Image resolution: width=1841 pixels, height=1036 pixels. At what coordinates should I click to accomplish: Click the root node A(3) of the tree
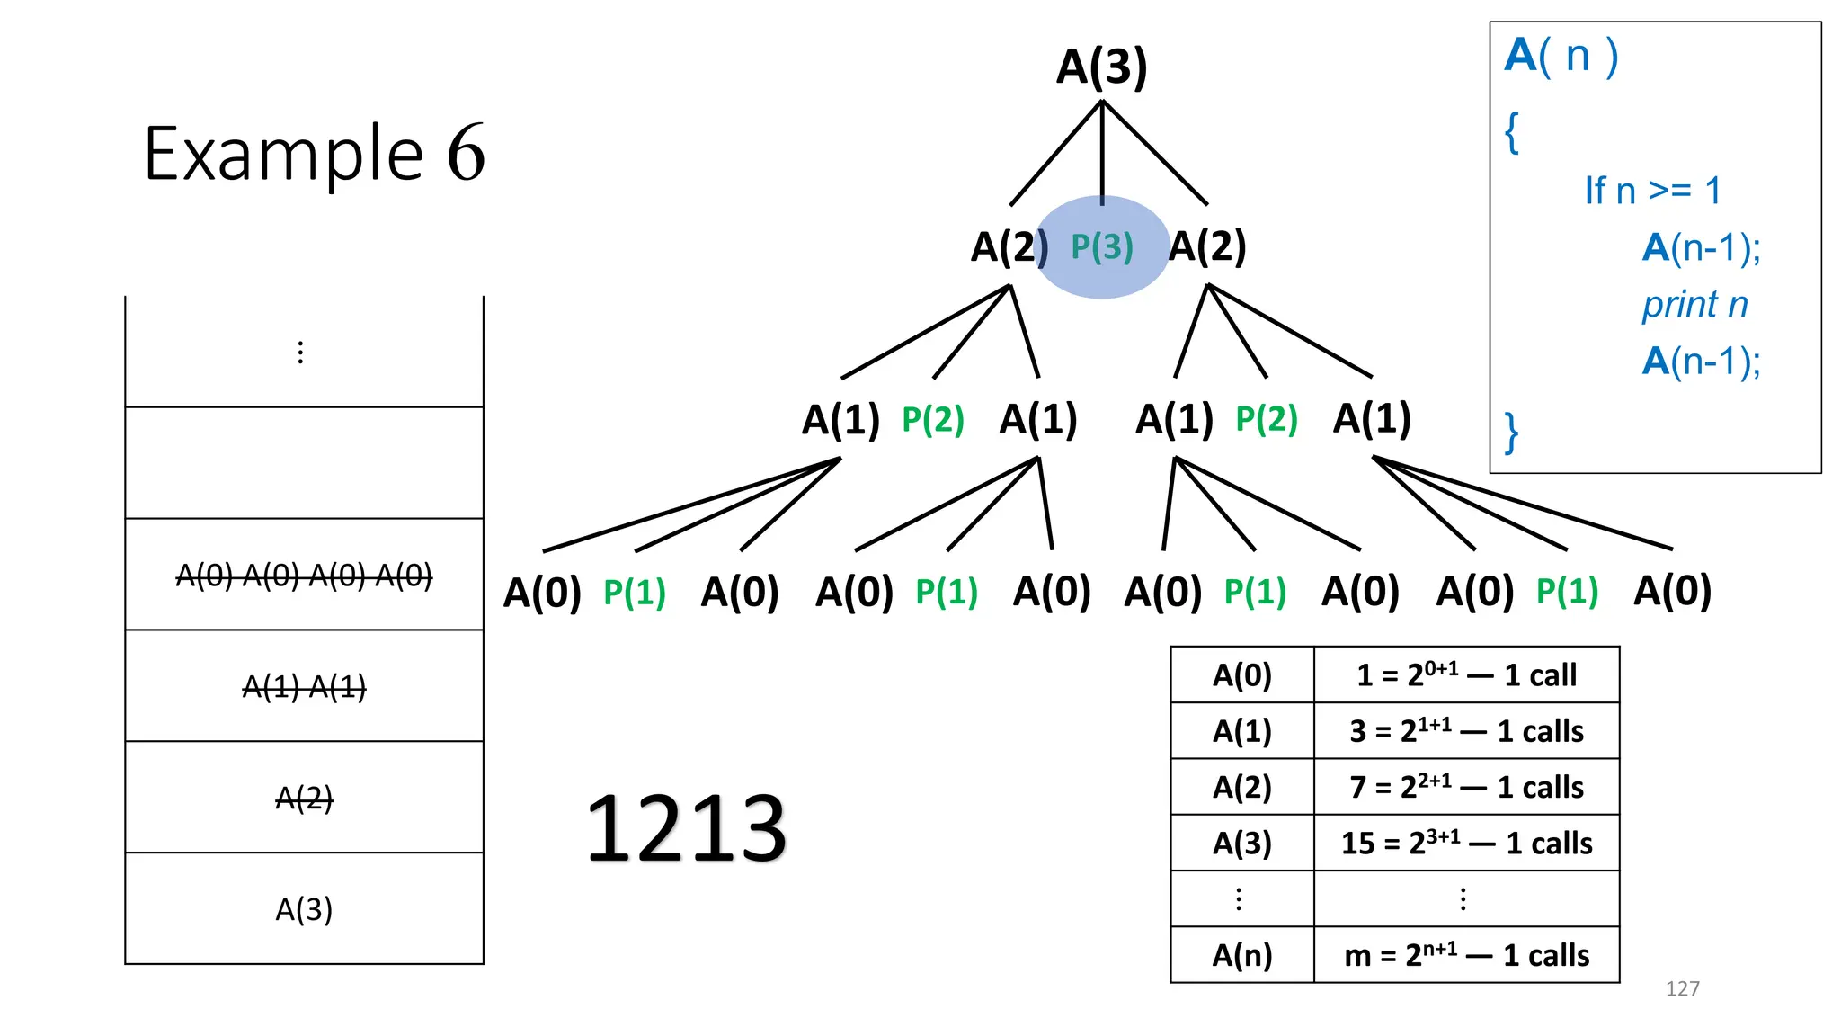tap(1102, 67)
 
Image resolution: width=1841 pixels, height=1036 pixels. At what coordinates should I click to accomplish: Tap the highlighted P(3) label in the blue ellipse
tap(1102, 246)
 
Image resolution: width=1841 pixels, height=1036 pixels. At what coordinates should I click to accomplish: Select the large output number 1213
tap(687, 828)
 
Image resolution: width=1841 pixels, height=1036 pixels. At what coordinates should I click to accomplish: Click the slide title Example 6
tap(315, 153)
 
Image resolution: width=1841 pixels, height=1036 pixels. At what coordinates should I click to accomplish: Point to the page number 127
tap(1682, 988)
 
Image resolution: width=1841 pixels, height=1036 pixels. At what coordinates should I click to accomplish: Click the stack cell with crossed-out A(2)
tap(304, 798)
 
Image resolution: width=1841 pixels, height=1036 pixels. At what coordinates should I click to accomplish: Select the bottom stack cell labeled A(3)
tap(304, 909)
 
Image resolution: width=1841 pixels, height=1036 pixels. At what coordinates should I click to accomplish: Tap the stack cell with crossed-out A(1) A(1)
tap(304, 687)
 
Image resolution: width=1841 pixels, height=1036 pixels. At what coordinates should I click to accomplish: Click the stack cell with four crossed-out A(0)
tap(304, 575)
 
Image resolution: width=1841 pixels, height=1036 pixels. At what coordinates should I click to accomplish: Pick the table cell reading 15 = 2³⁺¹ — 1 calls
tap(1466, 843)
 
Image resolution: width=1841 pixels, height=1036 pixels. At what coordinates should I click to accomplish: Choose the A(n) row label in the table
tap(1242, 954)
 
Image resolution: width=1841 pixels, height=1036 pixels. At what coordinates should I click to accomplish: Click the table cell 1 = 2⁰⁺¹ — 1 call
tap(1466, 674)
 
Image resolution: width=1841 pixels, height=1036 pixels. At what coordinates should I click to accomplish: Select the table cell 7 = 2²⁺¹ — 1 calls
tap(1466, 787)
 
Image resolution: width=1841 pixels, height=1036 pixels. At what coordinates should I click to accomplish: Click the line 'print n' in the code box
tap(1694, 304)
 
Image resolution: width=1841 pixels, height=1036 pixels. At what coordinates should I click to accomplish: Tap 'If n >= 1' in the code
tap(1652, 191)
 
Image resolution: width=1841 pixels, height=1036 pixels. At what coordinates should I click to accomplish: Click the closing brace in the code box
tap(1512, 433)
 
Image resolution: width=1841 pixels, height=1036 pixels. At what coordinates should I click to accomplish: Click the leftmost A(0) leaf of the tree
tap(542, 593)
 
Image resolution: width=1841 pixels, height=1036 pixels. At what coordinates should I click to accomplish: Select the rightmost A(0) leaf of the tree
tap(1672, 591)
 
